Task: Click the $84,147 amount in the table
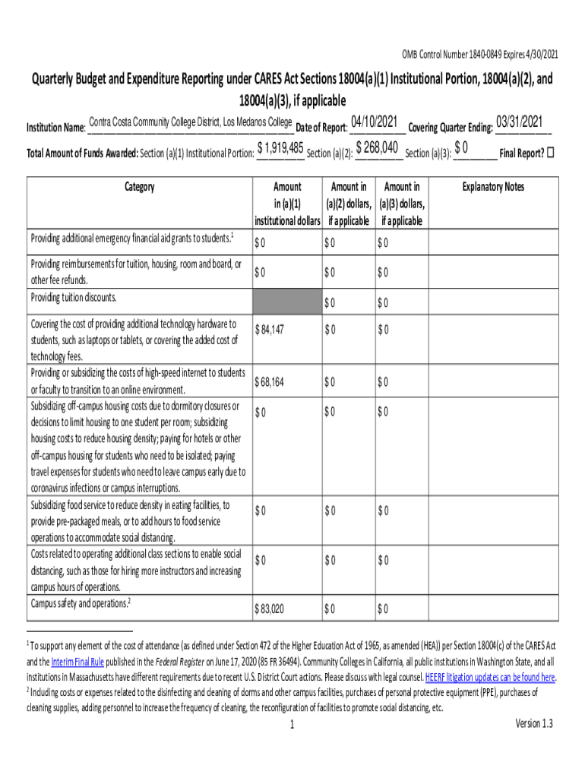coord(271,330)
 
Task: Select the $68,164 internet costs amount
coord(270,382)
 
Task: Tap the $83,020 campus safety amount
coord(270,609)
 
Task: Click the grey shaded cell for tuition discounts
coord(286,302)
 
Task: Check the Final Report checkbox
coord(551,152)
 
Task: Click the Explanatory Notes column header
coord(493,187)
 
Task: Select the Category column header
coord(139,187)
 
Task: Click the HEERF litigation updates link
coord(489,677)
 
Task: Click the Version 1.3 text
coord(534,723)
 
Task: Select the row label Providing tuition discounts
coord(74,297)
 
